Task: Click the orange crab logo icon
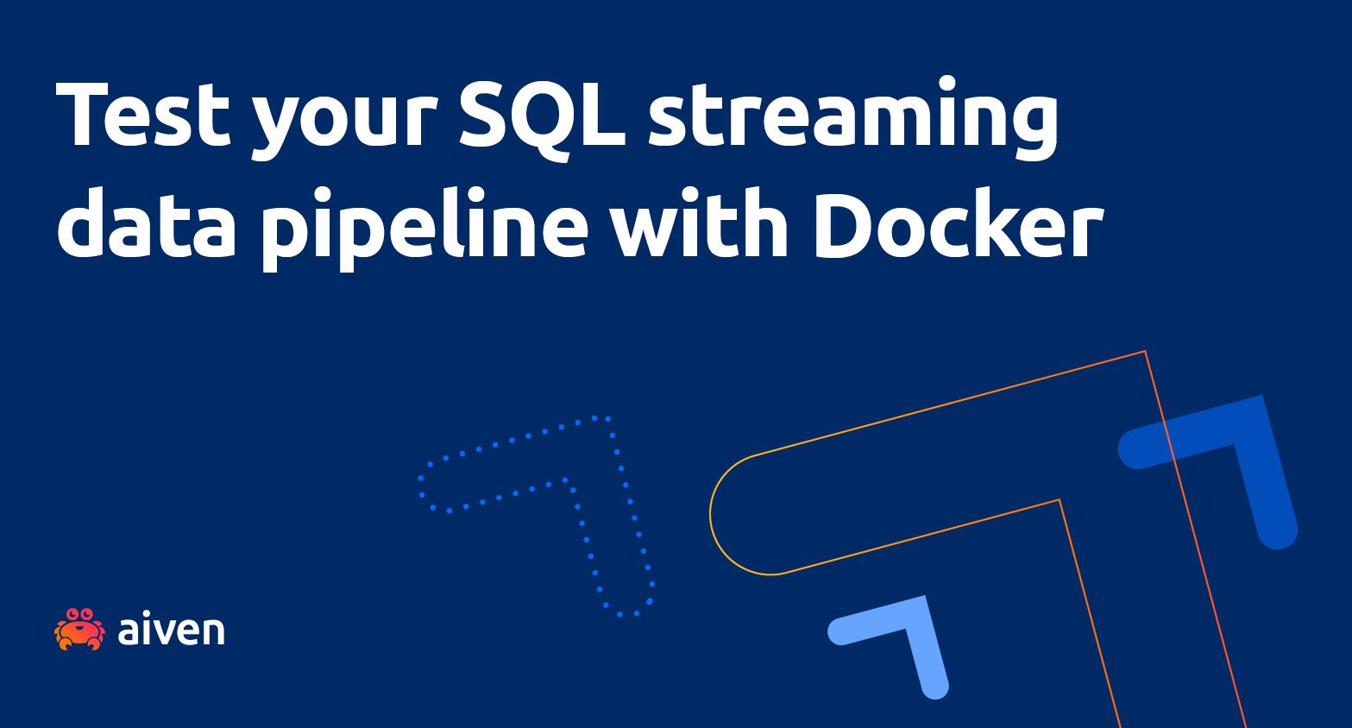point(79,629)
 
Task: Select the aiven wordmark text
point(171,630)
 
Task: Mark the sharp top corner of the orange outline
point(1144,352)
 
